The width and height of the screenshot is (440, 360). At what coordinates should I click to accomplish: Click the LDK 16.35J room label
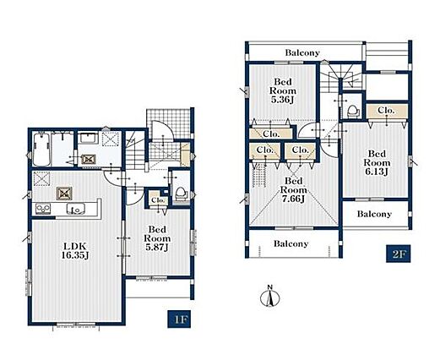coord(75,250)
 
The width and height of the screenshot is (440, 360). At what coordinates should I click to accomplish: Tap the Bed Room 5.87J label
coord(157,238)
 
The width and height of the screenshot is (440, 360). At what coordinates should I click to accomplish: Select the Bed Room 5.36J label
coord(283,90)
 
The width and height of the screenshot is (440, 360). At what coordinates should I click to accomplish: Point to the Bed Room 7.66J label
coord(293,189)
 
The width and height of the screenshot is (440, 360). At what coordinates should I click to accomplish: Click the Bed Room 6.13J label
coord(377,162)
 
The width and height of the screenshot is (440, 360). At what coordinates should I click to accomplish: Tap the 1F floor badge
coord(179,319)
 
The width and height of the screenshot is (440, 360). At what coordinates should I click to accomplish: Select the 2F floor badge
coord(399,254)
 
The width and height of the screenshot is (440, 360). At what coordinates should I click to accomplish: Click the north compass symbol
coord(270,297)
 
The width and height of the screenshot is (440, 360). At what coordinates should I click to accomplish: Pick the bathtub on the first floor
coord(41,150)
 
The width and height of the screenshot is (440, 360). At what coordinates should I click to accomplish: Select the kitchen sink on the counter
coord(76,209)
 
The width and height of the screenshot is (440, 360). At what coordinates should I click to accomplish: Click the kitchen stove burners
coord(43,209)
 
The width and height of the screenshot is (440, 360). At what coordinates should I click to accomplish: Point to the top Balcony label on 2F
coord(302,52)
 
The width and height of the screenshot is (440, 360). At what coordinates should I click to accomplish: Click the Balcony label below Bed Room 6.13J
coord(374,214)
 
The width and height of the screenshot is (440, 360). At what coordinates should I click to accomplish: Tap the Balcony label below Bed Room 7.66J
coord(291,243)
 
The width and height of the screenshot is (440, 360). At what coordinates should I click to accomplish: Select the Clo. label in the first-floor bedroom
coord(158,200)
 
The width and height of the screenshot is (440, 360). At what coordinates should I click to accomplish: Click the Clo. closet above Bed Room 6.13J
coord(387,111)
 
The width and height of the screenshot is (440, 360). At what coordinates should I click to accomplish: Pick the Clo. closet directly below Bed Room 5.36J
coord(271,134)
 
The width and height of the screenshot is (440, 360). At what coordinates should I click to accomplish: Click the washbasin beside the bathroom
coord(88,139)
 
